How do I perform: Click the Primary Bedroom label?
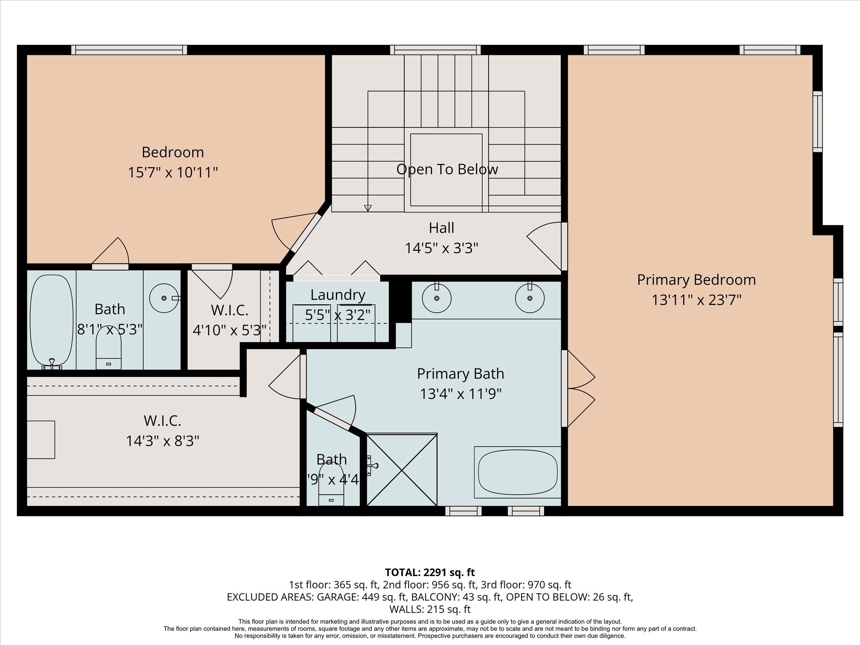pyautogui.click(x=696, y=280)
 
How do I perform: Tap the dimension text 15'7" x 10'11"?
pyautogui.click(x=173, y=173)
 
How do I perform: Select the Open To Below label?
pyautogui.click(x=447, y=169)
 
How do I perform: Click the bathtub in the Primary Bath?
pyautogui.click(x=517, y=472)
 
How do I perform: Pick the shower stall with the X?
pyautogui.click(x=402, y=470)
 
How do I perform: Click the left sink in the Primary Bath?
pyautogui.click(x=437, y=298)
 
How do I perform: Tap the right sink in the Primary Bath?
pyautogui.click(x=530, y=298)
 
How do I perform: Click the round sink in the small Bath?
pyautogui.click(x=163, y=298)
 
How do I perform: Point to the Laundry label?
pyautogui.click(x=338, y=295)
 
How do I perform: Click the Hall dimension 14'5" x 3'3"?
pyautogui.click(x=441, y=248)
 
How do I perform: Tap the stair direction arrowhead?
pyautogui.click(x=368, y=208)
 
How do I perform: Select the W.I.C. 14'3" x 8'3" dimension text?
pyautogui.click(x=163, y=441)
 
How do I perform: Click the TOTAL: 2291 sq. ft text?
pyautogui.click(x=430, y=572)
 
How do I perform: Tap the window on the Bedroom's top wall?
pyautogui.click(x=129, y=50)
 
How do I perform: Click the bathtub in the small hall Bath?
pyautogui.click(x=51, y=320)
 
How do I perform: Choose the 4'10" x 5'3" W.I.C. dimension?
pyautogui.click(x=229, y=330)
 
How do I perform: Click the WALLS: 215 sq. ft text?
pyautogui.click(x=430, y=609)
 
